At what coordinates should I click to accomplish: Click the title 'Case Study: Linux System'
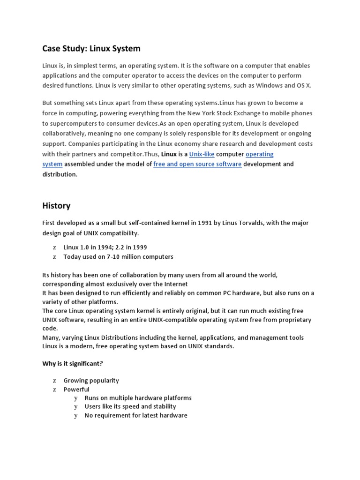pos(91,48)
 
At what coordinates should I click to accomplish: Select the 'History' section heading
pos(56,205)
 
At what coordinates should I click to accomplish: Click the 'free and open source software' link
pos(197,164)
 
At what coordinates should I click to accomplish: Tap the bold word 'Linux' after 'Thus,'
pos(169,154)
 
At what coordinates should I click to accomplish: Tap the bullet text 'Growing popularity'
pos(91,381)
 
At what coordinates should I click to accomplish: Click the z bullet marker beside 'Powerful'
pos(54,390)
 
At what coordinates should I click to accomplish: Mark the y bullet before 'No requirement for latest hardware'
pos(75,415)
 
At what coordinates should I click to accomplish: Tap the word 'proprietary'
pos(294,320)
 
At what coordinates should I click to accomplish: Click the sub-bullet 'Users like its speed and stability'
pos(130,406)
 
